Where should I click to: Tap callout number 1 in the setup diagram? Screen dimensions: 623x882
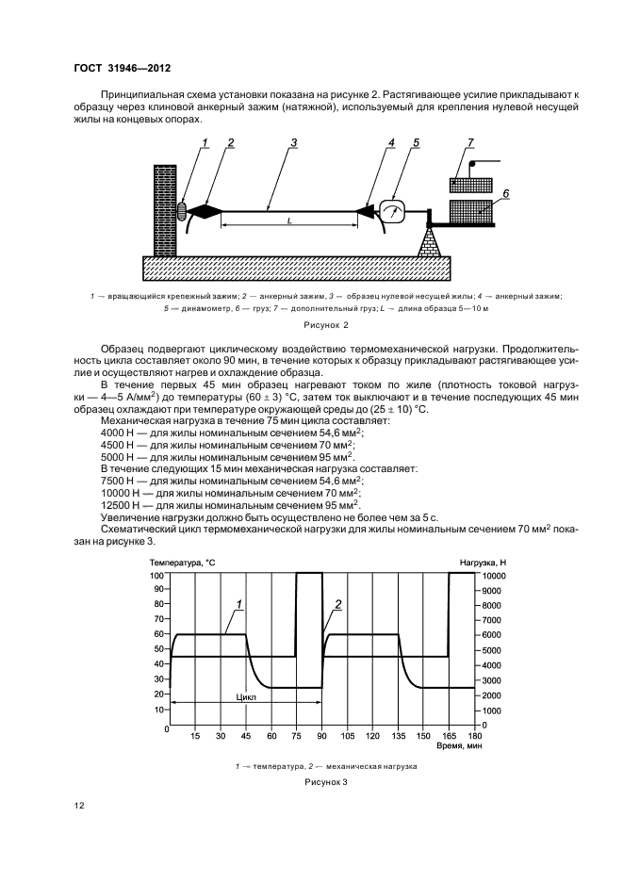click(205, 143)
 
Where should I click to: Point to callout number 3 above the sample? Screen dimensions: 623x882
click(294, 143)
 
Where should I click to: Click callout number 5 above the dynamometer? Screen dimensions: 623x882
click(416, 143)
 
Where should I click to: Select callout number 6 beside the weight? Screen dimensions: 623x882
click(505, 194)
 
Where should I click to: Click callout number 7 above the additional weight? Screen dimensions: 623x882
click(470, 143)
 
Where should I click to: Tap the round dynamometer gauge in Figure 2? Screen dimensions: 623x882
click(393, 211)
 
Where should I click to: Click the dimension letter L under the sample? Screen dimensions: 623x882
click(289, 221)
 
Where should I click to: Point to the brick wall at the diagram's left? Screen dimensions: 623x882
click(166, 210)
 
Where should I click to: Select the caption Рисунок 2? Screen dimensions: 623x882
click(326, 324)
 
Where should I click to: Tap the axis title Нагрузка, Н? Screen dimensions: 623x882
click(483, 563)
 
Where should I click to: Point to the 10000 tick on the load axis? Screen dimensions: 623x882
click(493, 576)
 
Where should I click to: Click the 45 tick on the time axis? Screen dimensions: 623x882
click(246, 736)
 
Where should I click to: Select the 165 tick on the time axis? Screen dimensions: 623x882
click(449, 736)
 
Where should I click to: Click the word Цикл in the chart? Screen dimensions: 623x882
click(246, 697)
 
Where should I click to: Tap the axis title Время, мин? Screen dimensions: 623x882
click(459, 746)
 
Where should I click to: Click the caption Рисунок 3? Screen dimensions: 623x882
click(326, 782)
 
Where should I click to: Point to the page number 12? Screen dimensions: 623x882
click(79, 806)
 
